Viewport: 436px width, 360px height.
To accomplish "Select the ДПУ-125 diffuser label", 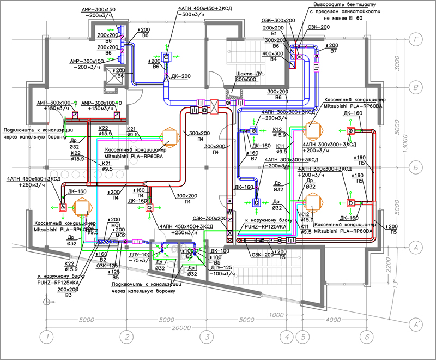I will (221, 268).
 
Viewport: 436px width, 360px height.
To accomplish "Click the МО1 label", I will (115, 225).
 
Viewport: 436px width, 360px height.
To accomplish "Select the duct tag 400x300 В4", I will (274, 56).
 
